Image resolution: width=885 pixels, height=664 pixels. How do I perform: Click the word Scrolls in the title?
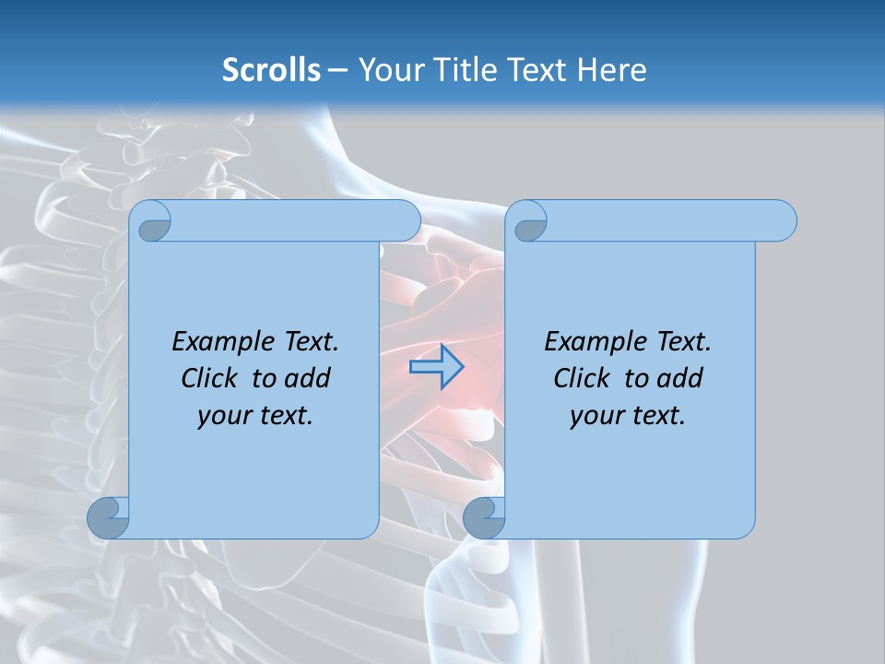point(271,70)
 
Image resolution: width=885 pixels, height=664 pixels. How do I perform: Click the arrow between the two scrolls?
point(436,367)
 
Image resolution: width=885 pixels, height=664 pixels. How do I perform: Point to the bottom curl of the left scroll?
point(108,517)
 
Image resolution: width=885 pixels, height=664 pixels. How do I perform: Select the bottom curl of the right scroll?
point(483,517)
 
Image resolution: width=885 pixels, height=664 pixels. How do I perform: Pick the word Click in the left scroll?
point(208,379)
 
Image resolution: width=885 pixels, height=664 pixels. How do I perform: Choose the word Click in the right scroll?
point(581,379)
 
